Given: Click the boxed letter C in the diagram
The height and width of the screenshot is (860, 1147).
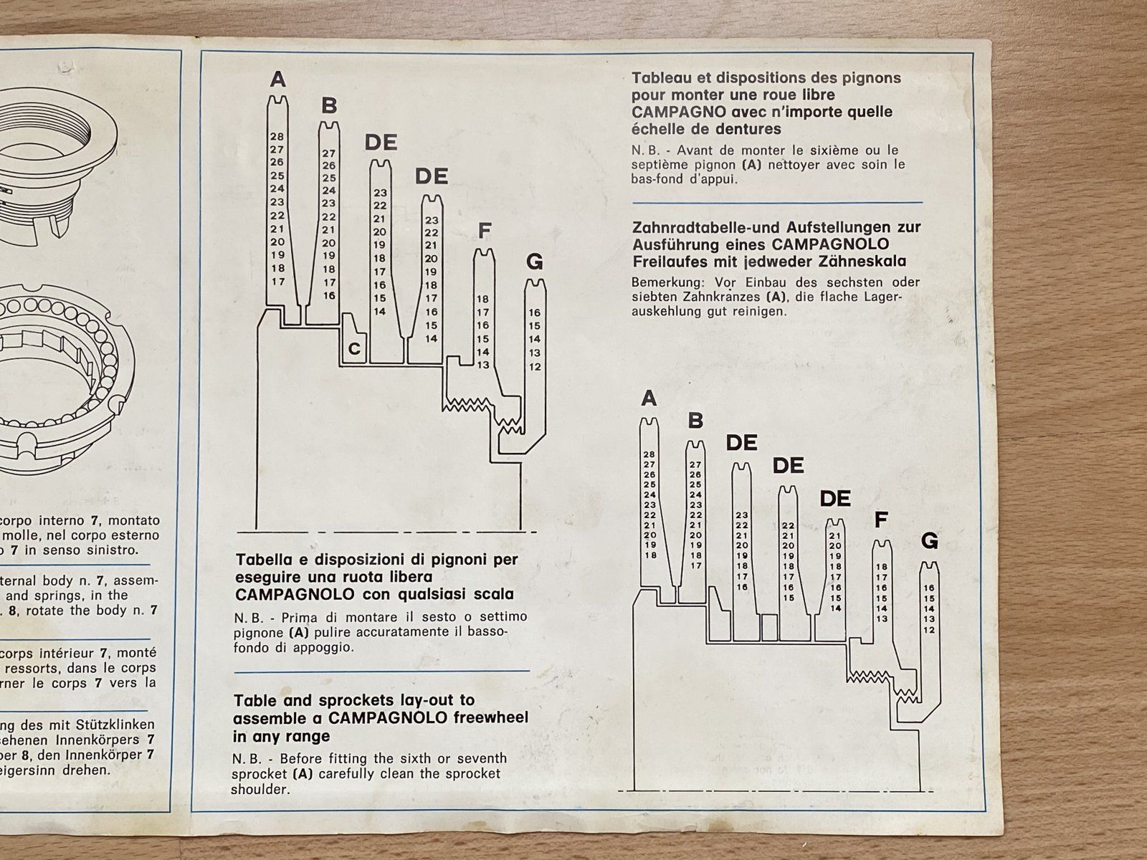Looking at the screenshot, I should coord(354,349).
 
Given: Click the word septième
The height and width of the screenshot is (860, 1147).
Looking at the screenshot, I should coord(663,165).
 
